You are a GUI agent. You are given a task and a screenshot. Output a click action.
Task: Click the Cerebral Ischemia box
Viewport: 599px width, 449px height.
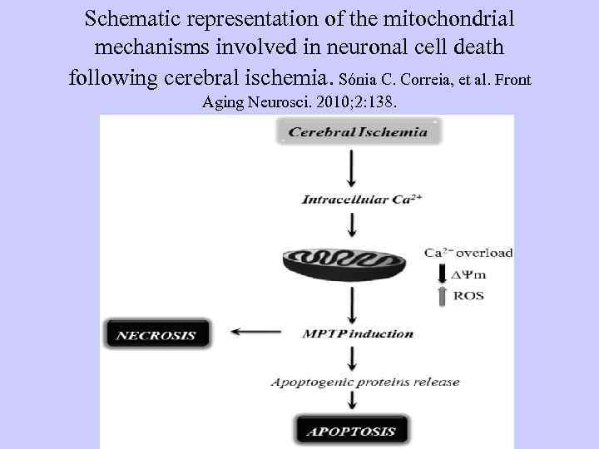[358, 131]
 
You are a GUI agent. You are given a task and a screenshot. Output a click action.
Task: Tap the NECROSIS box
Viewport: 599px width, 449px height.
[156, 336]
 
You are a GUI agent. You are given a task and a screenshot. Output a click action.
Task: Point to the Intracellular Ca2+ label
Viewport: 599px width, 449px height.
[354, 200]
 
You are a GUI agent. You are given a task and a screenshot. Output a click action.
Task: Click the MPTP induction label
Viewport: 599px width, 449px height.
[358, 334]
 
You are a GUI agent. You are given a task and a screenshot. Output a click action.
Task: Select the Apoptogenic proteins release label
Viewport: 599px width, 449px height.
[365, 382]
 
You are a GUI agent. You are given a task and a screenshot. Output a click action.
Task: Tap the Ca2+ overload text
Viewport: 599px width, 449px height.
[468, 253]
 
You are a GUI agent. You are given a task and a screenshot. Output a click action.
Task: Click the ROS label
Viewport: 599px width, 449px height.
[468, 295]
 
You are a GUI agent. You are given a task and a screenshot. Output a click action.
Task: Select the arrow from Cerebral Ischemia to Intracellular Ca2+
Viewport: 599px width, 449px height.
[353, 170]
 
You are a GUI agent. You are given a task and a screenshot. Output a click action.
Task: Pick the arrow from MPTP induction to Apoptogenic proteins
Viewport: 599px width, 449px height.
[353, 358]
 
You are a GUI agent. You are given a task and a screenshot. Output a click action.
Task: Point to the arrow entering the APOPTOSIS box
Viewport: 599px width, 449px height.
[353, 404]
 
